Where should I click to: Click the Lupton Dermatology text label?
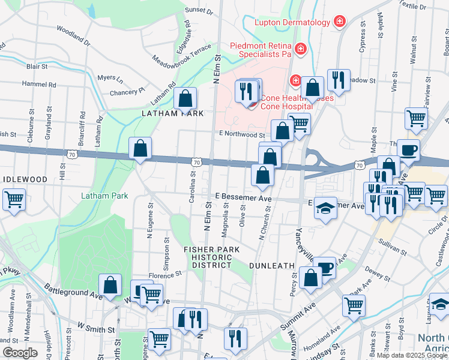click(x=292, y=22)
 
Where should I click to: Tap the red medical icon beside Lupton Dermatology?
click(x=340, y=22)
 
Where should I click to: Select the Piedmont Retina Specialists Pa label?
click(x=261, y=50)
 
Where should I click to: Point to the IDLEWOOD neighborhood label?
click(x=24, y=179)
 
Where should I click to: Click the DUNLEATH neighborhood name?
click(x=271, y=265)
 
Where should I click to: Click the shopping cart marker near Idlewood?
click(x=14, y=199)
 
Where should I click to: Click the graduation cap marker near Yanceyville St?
click(x=325, y=208)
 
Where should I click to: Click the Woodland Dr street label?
click(x=73, y=35)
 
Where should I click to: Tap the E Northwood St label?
click(x=242, y=136)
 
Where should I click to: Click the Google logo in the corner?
click(x=20, y=353)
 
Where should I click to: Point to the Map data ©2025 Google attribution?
click(x=411, y=355)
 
